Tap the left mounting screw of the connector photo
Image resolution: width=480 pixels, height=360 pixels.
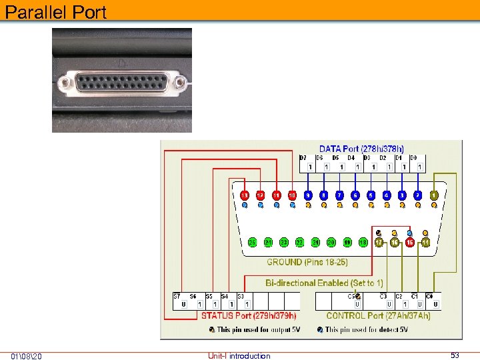tap(65, 84)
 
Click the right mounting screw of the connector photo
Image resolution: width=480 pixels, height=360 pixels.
tap(181, 84)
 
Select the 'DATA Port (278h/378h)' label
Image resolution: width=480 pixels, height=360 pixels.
tap(361, 149)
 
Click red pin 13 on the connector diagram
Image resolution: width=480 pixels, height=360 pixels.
tap(245, 195)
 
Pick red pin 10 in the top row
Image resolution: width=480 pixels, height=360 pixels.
tap(292, 195)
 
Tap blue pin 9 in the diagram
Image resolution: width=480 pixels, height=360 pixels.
tap(308, 195)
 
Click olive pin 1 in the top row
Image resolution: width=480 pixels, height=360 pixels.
tap(434, 195)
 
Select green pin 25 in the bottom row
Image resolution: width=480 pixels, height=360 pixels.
tap(253, 242)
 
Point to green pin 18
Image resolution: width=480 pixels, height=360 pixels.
tap(363, 242)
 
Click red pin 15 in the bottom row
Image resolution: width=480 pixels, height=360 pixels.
tap(410, 242)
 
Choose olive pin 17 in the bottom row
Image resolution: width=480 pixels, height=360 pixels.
tap(379, 242)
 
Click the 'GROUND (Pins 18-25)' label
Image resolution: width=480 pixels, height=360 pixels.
tap(298, 262)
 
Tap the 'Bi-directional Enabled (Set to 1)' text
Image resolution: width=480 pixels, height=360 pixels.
tap(324, 283)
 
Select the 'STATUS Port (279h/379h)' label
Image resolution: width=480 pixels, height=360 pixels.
tap(249, 315)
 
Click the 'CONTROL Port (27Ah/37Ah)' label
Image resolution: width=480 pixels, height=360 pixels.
tap(378, 315)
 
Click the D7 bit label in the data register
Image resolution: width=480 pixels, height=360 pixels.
tap(303, 158)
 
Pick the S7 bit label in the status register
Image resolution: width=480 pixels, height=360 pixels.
tap(177, 296)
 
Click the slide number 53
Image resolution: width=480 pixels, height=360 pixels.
tap(455, 355)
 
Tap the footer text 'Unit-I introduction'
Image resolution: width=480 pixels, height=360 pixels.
tap(239, 356)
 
